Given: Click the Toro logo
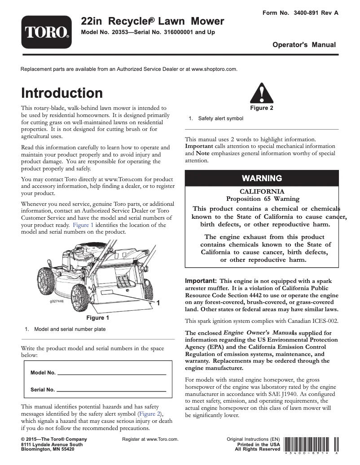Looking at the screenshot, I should coord(46,32).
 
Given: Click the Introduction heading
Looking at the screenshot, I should coord(62,93).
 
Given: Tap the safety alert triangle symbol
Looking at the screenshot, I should coord(258,94).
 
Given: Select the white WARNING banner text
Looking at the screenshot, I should coord(262,178).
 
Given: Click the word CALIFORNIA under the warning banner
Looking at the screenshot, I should coord(262,191).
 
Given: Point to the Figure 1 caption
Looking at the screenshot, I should coord(98,318).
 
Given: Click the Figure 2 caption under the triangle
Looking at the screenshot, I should coord(261,108).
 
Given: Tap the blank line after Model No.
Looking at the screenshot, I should coord(112,373).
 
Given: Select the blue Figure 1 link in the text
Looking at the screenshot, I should coord(83,225).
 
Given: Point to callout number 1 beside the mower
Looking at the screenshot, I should coord(158,304).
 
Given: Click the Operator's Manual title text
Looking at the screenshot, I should coord(304,45).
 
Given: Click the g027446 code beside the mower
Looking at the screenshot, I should coord(57,301).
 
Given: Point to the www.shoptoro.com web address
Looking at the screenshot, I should coord(214,69).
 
